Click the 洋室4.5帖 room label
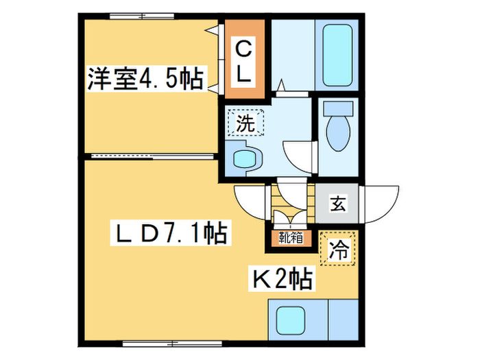145,80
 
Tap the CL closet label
243,62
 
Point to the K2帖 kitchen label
284,278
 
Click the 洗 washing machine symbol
245,123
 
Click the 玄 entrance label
337,204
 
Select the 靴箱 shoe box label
291,238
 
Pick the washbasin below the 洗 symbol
244,158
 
